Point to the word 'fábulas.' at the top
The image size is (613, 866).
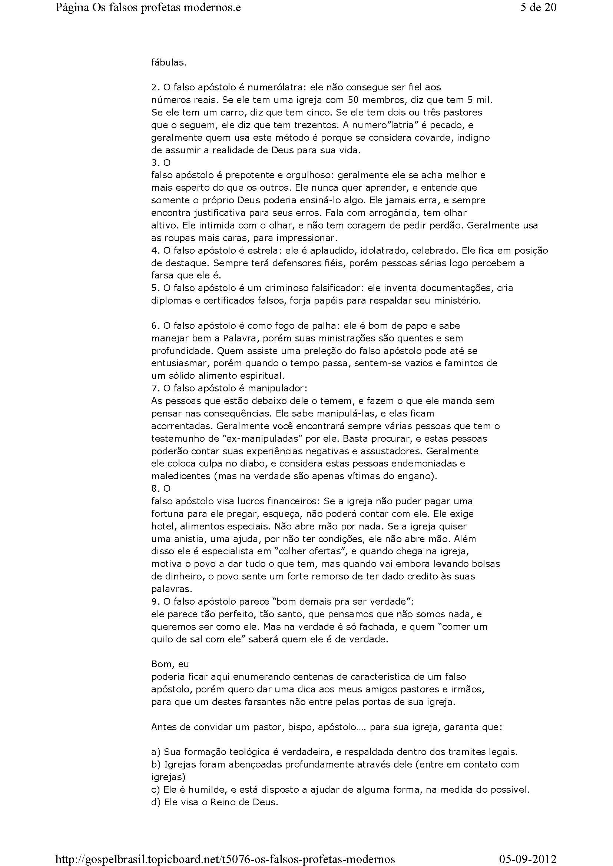click(169, 63)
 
